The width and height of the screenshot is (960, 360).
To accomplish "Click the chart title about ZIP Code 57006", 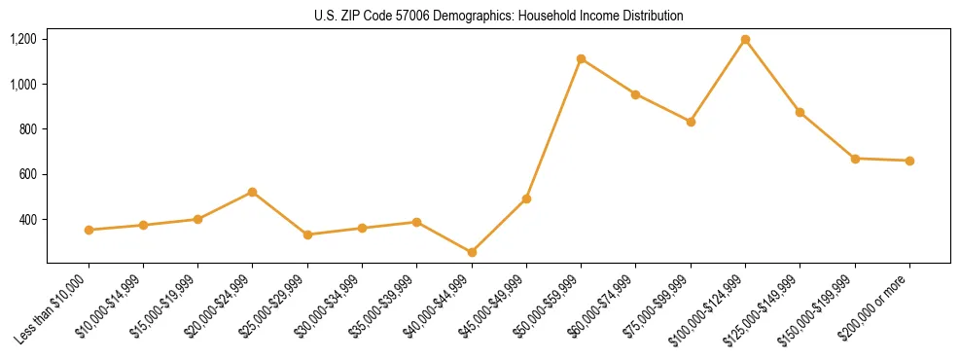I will coord(499,16).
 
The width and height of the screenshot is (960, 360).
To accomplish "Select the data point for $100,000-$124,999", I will coord(745,39).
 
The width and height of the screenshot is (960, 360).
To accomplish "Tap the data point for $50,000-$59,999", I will coord(581,58).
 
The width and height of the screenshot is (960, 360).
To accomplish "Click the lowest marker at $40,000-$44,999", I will coord(472,252).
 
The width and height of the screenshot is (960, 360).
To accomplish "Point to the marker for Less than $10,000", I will coord(89,230).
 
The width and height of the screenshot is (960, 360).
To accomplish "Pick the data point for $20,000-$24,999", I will coord(253,192).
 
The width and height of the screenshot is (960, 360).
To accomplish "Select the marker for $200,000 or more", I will coord(909,161).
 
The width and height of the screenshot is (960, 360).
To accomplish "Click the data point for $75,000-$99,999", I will coord(691,122).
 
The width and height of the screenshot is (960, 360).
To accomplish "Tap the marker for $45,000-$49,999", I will coord(526,198).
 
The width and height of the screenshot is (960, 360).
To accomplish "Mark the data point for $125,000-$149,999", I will coord(800,112).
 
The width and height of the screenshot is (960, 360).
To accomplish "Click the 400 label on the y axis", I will coord(27,220).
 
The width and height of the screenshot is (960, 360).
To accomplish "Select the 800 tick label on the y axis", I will coord(27,129).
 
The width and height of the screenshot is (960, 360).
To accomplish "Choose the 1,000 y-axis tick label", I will coord(23,85).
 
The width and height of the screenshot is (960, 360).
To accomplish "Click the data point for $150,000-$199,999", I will coord(855,158).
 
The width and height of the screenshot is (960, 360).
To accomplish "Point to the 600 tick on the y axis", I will coord(27,175).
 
